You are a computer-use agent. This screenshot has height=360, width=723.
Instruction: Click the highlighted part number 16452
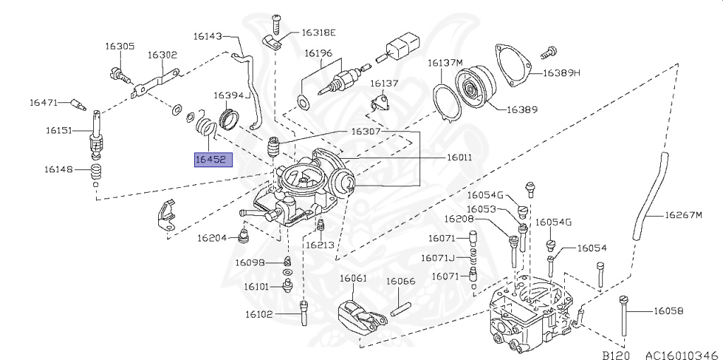212,160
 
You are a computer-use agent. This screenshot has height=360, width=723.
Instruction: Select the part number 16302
162,55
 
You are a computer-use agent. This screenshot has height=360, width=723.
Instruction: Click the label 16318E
318,32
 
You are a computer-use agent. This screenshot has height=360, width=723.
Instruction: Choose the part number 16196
318,53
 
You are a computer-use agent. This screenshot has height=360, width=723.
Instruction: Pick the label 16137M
445,63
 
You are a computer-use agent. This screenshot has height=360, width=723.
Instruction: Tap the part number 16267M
684,215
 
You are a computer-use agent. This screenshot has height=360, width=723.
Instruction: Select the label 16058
668,310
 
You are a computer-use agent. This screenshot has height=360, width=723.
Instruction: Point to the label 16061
353,278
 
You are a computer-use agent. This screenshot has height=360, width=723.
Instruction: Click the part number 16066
400,281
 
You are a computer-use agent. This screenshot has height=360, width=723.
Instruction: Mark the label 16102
258,315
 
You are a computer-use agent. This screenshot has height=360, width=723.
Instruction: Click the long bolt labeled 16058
623,318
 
